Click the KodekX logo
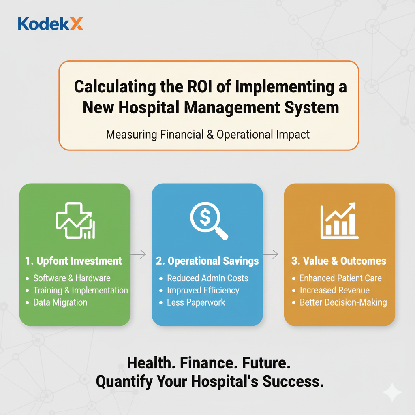coord(51,24)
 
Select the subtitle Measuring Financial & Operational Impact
coord(208,135)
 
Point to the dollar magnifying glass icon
coord(208,221)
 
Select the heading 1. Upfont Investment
coord(73,261)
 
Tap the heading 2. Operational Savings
coord(207,261)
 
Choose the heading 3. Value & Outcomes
coord(339,261)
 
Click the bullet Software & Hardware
coord(72,278)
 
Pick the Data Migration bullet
coord(60,302)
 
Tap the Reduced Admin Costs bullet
coord(207,278)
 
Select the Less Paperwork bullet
coord(196,302)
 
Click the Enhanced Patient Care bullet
coord(340,278)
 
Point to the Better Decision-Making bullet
coord(343,302)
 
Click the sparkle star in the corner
coord(392,392)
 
